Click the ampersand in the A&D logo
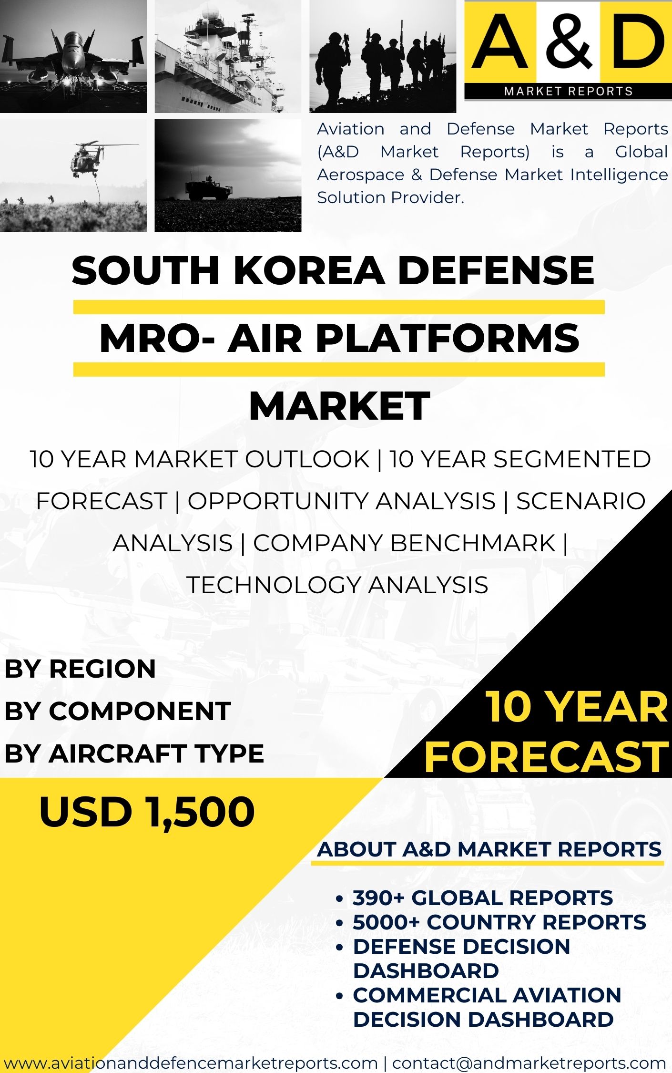pos(569,42)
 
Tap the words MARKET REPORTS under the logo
pos(568,91)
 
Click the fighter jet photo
pos(73,56)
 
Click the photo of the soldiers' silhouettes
pos(383,56)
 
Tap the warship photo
pos(228,56)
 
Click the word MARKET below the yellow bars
pos(339,406)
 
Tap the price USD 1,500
pos(147,812)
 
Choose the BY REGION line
pos(80,669)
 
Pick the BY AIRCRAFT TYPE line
pos(134,753)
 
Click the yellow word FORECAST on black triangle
pos(546,757)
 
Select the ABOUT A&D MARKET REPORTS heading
pos(489,849)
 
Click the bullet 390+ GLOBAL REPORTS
pos(482,898)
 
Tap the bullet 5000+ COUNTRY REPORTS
pos(499,922)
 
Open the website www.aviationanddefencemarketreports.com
pos(191,1063)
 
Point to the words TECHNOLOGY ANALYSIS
pos(337,585)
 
